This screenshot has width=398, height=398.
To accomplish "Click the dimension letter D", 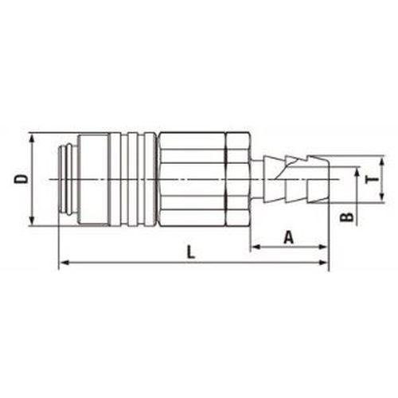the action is point(21,179).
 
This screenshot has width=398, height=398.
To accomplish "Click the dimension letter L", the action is point(191,252).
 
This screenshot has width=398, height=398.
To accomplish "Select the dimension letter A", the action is point(289,237).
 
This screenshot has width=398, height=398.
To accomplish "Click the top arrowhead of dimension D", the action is point(32,139).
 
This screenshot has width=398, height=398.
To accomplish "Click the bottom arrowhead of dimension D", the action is point(32,220).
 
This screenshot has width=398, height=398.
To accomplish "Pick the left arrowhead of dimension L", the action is point(65,263).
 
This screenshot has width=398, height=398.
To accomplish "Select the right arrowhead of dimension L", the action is point(323,263).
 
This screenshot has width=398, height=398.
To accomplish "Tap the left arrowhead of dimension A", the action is point(256,247).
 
